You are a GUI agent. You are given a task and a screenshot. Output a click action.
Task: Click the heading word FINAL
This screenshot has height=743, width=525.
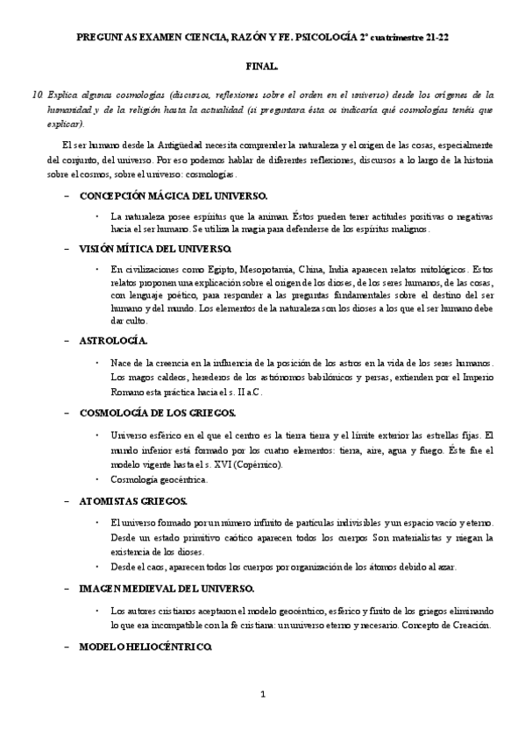click(262, 67)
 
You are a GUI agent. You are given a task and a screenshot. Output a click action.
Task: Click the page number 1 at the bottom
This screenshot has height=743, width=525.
click(262, 695)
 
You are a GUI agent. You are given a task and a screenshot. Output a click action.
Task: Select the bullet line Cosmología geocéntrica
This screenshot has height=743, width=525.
click(160, 479)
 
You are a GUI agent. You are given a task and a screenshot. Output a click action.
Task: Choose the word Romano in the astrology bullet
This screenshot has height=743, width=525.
click(129, 392)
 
